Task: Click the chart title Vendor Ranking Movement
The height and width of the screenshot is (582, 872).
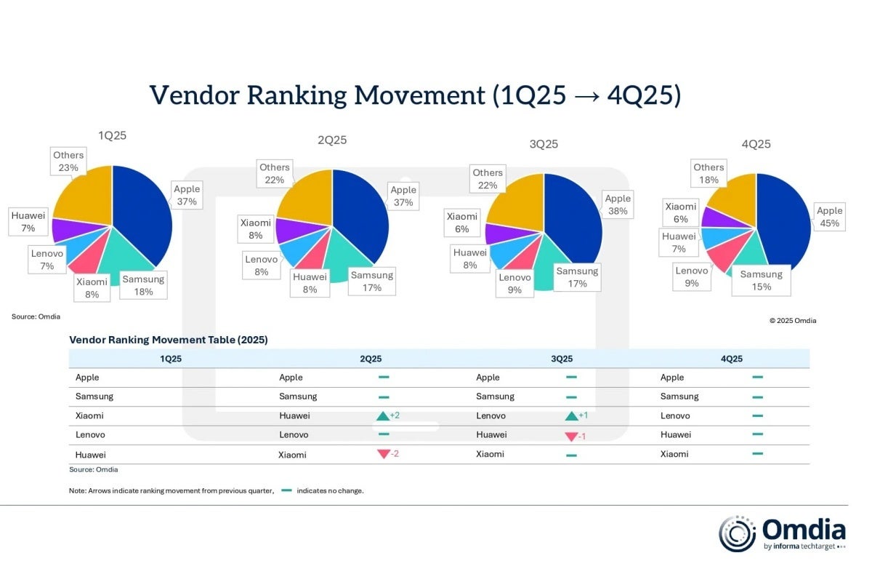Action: click(x=415, y=96)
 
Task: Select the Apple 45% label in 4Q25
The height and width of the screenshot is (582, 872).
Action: click(x=829, y=218)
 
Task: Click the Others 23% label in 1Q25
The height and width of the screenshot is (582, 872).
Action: click(x=68, y=161)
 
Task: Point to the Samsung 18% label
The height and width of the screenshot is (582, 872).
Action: click(x=143, y=285)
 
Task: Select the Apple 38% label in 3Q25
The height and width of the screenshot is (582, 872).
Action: click(x=618, y=204)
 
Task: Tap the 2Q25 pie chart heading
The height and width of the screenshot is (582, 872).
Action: click(x=332, y=140)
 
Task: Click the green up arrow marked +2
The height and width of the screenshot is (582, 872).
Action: click(x=384, y=415)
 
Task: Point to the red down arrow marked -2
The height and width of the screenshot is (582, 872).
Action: click(x=384, y=454)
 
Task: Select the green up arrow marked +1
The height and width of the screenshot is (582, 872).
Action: click(x=571, y=415)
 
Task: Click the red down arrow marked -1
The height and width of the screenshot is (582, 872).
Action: click(x=571, y=435)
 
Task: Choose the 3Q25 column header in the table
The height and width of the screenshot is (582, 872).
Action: click(x=562, y=359)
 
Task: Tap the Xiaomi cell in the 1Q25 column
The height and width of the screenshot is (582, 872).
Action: click(x=89, y=415)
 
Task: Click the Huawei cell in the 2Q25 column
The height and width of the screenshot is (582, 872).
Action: click(x=294, y=415)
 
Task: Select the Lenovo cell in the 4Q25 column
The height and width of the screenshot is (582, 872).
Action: click(x=675, y=415)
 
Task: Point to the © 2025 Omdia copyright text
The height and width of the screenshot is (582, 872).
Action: click(x=792, y=320)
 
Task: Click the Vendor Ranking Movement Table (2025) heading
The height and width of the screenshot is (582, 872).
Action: click(x=169, y=340)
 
